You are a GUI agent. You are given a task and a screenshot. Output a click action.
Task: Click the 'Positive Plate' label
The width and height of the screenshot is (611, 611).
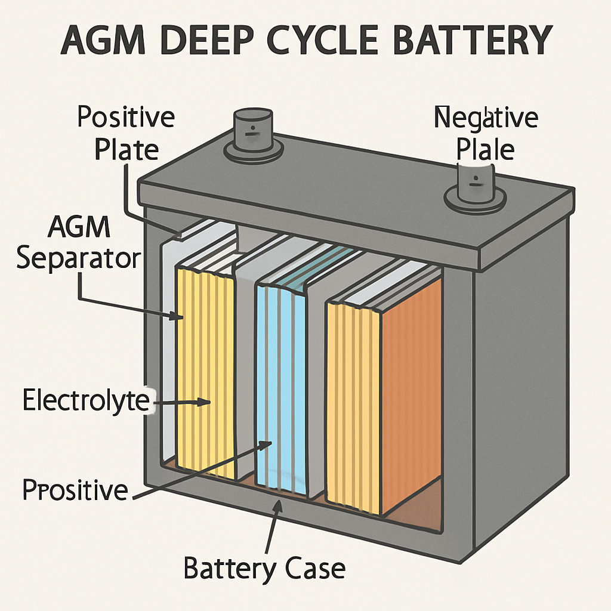pyautogui.click(x=126, y=132)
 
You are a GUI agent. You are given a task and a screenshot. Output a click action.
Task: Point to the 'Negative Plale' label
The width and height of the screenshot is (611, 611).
pyautogui.click(x=485, y=133)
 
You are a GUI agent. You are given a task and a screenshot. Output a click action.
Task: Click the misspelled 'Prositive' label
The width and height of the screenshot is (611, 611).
pyautogui.click(x=75, y=490)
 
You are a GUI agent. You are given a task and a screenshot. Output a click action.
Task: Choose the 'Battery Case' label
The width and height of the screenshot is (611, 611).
pyautogui.click(x=264, y=568)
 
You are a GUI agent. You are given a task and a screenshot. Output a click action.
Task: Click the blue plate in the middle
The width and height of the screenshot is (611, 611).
pyautogui.click(x=280, y=388)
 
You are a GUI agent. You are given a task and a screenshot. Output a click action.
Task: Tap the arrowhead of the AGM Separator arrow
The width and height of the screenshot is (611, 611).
pyautogui.click(x=179, y=317)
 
